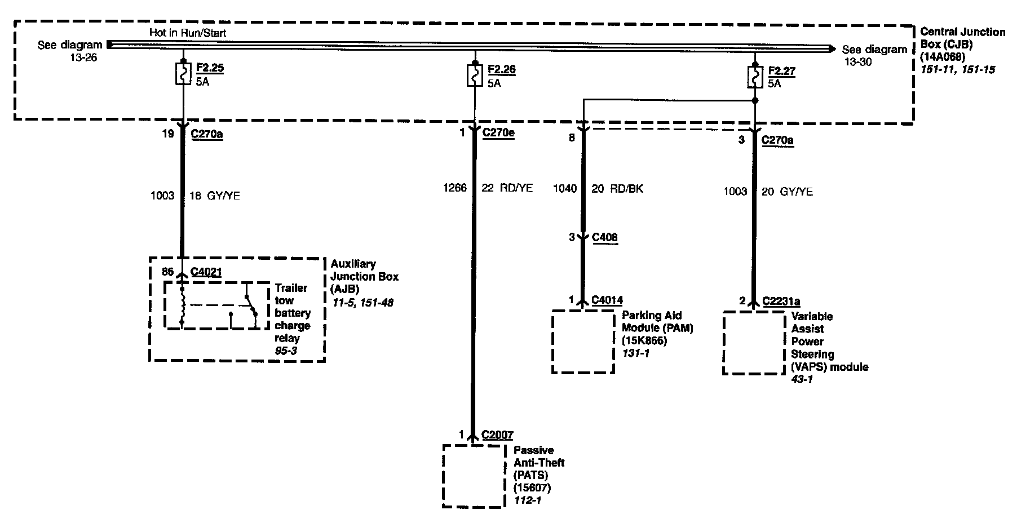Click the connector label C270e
tap(498, 134)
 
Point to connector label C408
tap(604, 237)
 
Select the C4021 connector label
tap(206, 272)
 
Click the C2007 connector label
tap(497, 435)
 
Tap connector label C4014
tap(607, 300)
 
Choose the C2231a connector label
tap(781, 302)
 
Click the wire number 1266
tap(455, 188)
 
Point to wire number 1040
tap(565, 189)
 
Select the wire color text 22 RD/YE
tap(507, 188)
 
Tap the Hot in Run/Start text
tap(188, 33)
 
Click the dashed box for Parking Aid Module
tap(583, 342)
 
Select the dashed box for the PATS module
tap(474, 476)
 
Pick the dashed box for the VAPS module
tap(754, 343)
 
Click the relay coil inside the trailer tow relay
tap(182, 306)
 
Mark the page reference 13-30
tap(857, 62)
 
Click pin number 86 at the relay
tap(168, 272)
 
